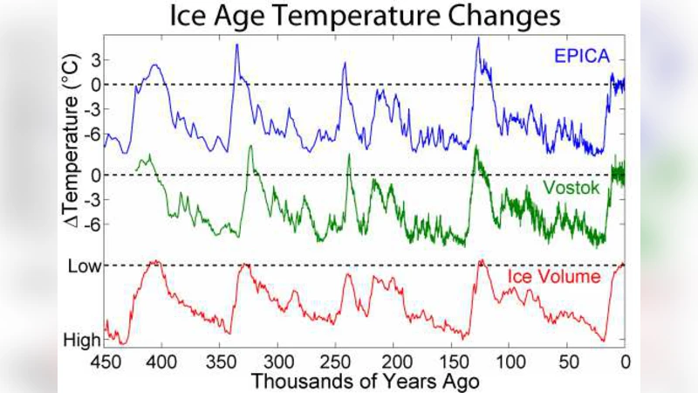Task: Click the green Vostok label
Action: click(572, 188)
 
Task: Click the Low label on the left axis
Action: click(83, 265)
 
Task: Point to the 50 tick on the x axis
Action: click(567, 362)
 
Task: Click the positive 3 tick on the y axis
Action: click(94, 59)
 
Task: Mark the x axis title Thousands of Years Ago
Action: click(365, 381)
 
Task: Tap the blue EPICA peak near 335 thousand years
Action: click(236, 45)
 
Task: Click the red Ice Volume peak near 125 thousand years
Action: click(479, 260)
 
